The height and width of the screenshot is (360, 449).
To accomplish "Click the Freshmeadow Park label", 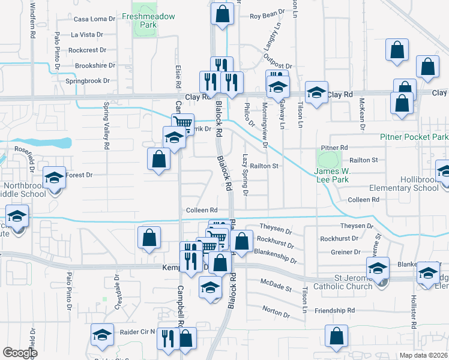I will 148,20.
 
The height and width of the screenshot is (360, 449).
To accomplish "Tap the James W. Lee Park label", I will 332,174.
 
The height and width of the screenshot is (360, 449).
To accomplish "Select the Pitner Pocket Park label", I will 414,137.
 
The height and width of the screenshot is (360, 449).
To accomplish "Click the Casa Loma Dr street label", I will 94,19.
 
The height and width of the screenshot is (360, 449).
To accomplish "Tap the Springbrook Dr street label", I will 88,80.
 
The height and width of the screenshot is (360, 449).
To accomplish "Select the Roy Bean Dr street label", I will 266,14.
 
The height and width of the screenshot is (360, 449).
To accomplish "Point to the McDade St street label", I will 276,284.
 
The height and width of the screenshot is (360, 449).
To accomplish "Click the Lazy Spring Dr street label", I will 246,174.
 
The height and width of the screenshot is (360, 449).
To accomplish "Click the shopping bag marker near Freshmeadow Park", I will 222,14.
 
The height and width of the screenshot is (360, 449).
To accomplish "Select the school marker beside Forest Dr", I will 54,179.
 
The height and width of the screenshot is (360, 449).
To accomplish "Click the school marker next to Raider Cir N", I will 103,335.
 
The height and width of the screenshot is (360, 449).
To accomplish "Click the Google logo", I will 20,353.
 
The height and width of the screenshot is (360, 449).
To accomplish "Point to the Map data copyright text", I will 424,355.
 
